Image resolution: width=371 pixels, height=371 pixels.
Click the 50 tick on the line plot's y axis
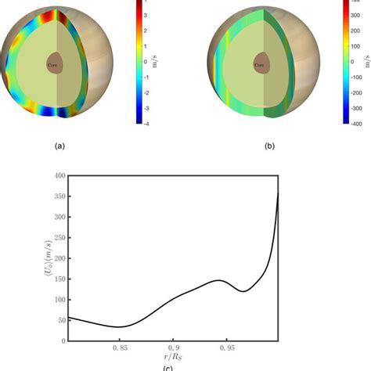coord(59,320)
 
